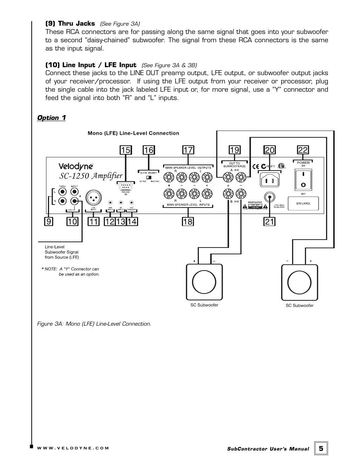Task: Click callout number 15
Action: click(x=125, y=150)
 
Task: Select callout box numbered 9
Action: click(x=48, y=221)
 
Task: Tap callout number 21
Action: click(x=269, y=221)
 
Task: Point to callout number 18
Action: click(x=188, y=221)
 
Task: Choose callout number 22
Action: click(x=303, y=150)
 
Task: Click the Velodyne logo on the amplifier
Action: click(x=75, y=166)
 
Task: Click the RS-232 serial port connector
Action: click(x=126, y=186)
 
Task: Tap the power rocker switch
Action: click(x=303, y=179)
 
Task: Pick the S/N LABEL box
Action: click(x=303, y=203)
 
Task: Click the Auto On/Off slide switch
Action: click(x=150, y=177)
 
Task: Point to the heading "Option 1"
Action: click(x=51, y=118)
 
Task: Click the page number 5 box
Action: click(x=321, y=448)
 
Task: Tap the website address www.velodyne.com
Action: click(x=73, y=448)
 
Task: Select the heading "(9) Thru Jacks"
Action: click(x=70, y=23)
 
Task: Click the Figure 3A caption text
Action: click(x=94, y=324)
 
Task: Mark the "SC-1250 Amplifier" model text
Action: click(x=91, y=176)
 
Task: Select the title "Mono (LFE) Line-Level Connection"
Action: click(x=133, y=133)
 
